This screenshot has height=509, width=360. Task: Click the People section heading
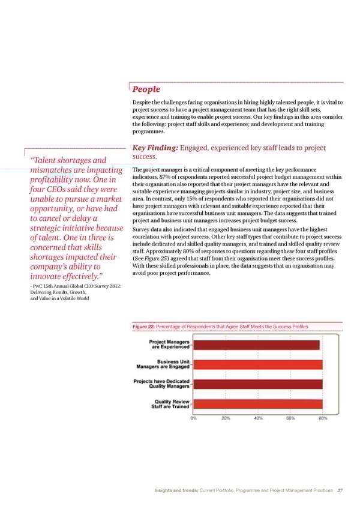pos(146,89)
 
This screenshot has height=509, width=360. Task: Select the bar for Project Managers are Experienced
pos(256,345)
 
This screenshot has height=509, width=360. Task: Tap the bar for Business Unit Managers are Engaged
pos(258,364)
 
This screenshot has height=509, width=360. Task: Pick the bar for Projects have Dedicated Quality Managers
pos(258,384)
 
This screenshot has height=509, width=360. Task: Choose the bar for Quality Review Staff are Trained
pos(258,403)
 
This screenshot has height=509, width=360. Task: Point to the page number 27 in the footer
pos(341,490)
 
